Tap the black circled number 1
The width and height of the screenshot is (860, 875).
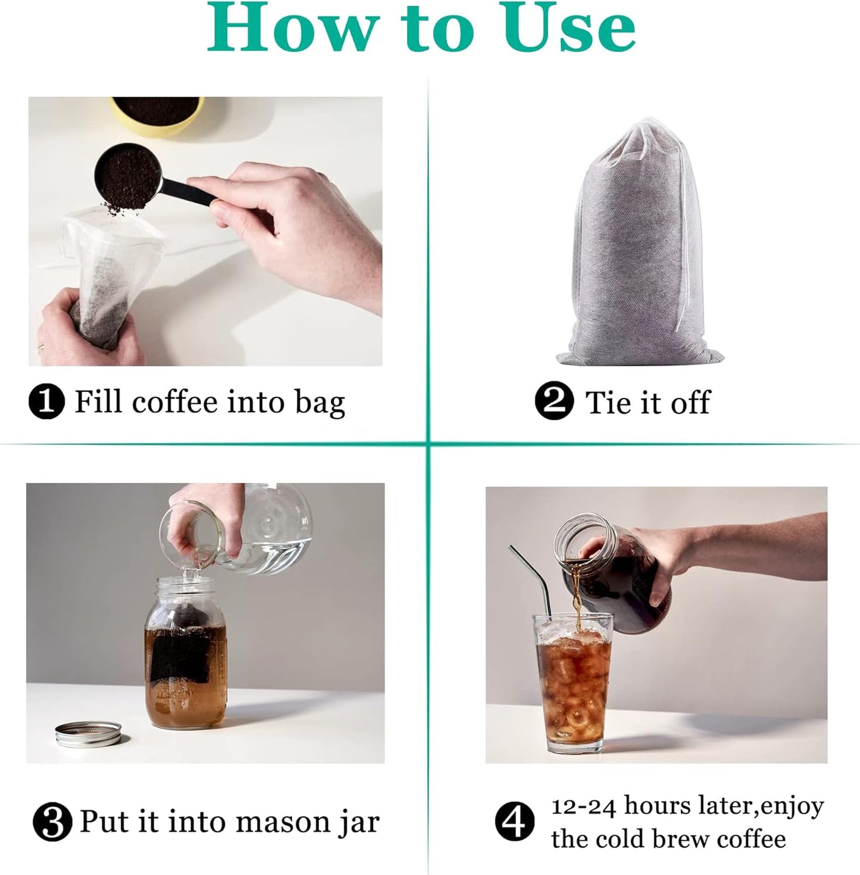pyautogui.click(x=46, y=402)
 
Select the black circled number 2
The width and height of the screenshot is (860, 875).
pyautogui.click(x=553, y=402)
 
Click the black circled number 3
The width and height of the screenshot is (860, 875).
pyautogui.click(x=52, y=823)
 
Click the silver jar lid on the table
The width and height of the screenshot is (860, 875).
pyautogui.click(x=89, y=733)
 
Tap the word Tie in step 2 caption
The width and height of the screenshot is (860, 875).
pyautogui.click(x=608, y=403)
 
